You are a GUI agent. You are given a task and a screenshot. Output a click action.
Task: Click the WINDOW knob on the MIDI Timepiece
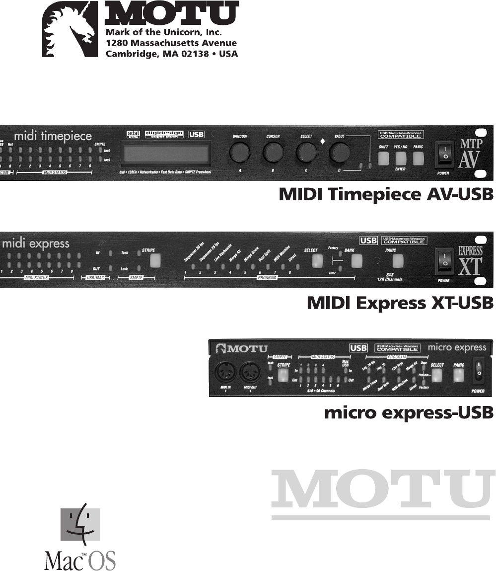click(x=239, y=152)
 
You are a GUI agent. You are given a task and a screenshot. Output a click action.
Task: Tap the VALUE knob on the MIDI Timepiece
click(x=341, y=152)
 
